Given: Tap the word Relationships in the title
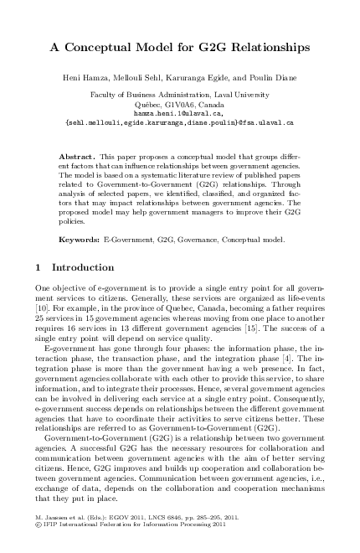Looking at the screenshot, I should pyautogui.click(x=262, y=49).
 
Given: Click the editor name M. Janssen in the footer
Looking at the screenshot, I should pyautogui.click(x=48, y=519).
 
